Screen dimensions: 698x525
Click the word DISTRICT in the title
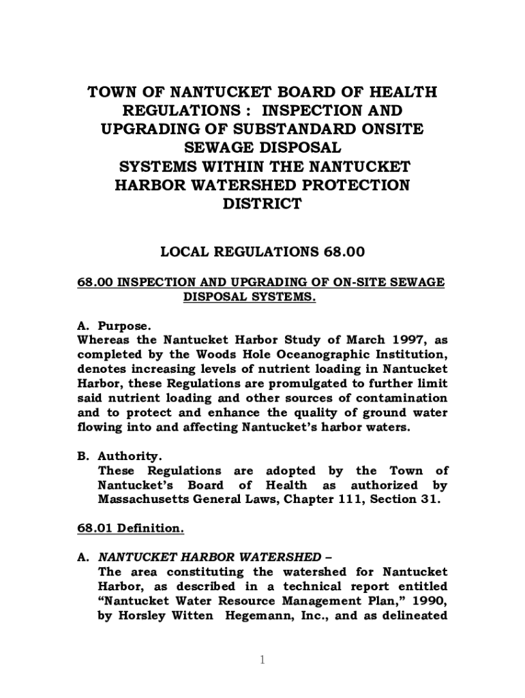(262, 204)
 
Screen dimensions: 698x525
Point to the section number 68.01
(94, 528)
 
